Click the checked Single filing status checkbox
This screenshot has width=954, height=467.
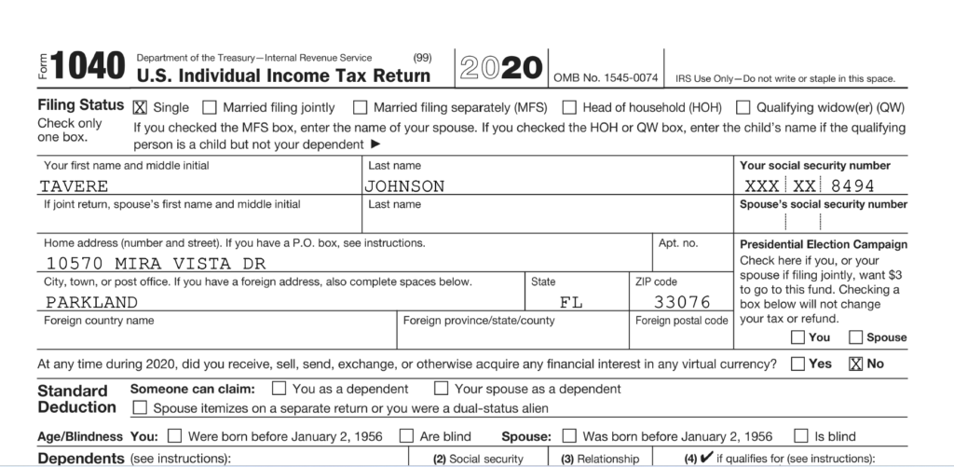[141, 107]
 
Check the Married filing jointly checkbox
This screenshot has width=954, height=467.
[210, 107]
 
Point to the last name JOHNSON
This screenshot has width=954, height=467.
[404, 186]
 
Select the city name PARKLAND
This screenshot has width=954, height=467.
[91, 302]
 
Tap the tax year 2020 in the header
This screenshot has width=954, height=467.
[501, 68]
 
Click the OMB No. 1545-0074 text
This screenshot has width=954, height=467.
[606, 76]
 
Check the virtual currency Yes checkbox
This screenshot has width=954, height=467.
[797, 364]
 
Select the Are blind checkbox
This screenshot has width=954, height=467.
[406, 435]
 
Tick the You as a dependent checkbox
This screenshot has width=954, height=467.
[279, 388]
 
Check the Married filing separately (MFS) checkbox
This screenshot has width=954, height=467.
[380, 107]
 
